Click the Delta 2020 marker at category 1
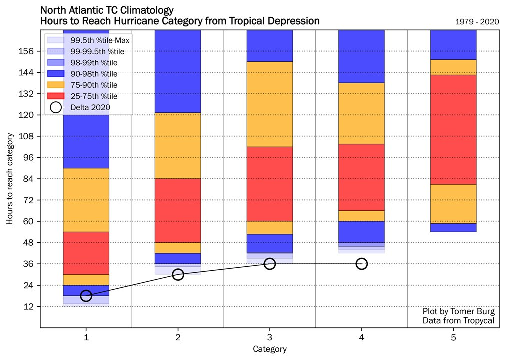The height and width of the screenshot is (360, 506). [86, 296]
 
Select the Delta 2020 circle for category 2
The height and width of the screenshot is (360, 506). [178, 274]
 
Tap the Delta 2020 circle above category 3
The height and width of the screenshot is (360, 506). [270, 264]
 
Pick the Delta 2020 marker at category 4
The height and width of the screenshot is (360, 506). [362, 264]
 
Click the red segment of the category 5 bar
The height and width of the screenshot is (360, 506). [453, 129]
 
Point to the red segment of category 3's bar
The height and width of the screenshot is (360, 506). [270, 184]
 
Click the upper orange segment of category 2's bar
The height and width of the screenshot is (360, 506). [178, 145]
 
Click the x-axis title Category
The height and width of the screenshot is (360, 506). [270, 349]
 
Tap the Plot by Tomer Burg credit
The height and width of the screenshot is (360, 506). [458, 311]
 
